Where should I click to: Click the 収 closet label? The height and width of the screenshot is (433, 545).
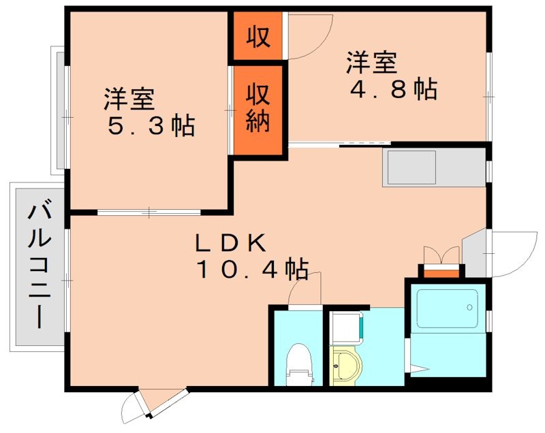point(258,36)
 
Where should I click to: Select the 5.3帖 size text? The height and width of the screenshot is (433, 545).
point(151,126)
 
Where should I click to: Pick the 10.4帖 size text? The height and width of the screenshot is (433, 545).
point(251,270)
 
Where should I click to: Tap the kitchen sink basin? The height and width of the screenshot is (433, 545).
point(410,167)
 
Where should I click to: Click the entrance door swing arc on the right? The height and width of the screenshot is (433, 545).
point(512,254)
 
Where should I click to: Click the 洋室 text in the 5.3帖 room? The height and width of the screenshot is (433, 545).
point(129,100)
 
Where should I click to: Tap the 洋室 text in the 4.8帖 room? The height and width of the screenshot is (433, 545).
point(371,63)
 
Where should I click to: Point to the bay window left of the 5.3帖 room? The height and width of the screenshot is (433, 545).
point(59,110)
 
